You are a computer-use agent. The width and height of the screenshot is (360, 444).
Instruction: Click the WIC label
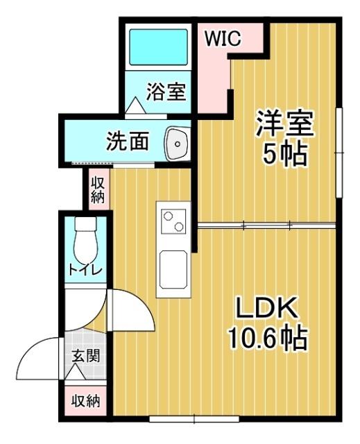coord(222,39)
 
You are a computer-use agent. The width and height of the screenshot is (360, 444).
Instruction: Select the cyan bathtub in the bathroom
coord(159,47)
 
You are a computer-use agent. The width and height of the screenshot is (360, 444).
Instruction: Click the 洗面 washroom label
coord(128,141)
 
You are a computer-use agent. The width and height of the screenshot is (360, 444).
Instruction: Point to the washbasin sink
coord(176,144)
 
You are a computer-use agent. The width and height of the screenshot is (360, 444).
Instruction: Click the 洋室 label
coord(284,125)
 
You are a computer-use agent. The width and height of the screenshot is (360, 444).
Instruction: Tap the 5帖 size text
coord(284,155)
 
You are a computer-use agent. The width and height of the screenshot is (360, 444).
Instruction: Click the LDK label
coord(267,307)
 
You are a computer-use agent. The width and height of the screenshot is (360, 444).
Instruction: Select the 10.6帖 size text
coord(267,338)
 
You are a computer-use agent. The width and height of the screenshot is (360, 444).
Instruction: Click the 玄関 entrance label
coord(87,357)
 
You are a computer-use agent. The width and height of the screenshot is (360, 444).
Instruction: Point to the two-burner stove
coord(171,221)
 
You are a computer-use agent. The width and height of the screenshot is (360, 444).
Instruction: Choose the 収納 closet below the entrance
coord(87,401)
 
